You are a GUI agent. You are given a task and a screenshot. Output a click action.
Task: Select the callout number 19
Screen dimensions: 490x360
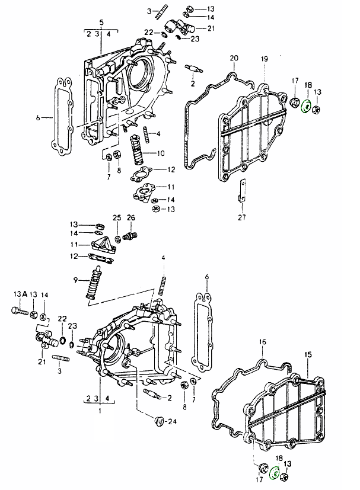(265, 59)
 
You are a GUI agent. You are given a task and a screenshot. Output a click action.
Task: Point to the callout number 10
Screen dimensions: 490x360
(161, 153)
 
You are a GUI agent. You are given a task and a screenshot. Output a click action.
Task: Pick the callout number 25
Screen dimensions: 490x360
(117, 217)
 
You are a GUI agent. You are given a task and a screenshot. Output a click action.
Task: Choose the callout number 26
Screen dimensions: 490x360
(132, 217)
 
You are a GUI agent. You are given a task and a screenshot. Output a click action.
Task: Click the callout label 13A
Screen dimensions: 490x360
(20, 294)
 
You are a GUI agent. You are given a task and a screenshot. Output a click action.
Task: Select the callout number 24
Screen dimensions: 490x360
(173, 422)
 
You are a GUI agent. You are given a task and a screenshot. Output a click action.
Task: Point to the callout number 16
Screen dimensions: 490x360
(263, 342)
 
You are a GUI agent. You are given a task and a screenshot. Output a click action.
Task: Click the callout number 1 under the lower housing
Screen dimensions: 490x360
(100, 410)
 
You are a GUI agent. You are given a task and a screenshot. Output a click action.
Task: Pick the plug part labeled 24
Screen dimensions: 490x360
(158, 421)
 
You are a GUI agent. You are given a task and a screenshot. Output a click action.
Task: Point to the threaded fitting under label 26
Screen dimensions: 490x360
(132, 236)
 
